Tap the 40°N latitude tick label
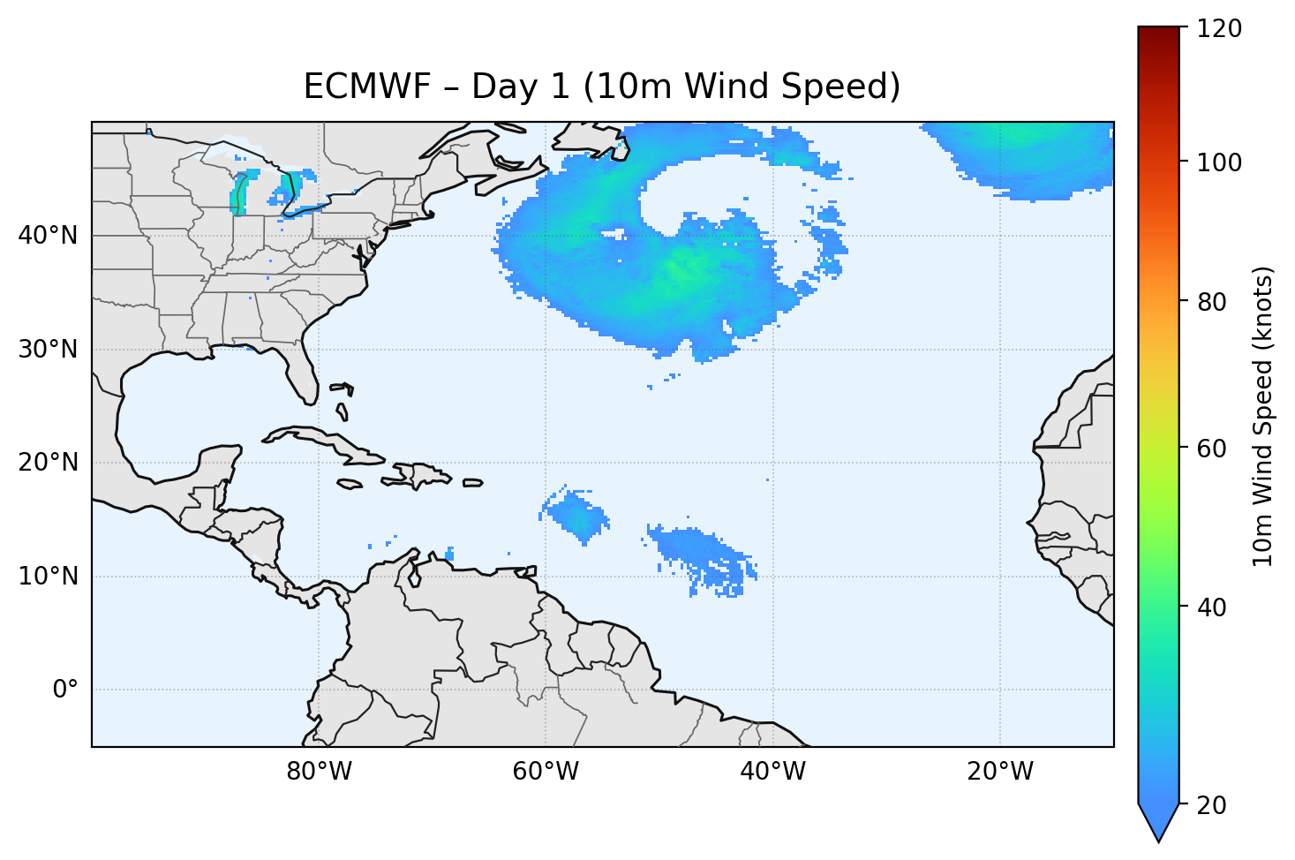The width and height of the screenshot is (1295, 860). pos(48,236)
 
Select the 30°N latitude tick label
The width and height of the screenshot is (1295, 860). pos(48,350)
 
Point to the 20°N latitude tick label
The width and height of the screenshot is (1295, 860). pos(48,463)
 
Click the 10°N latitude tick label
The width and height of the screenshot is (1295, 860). pos(48,577)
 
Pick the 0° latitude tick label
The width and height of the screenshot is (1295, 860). pos(65,690)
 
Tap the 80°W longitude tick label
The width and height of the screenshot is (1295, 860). pos(319,772)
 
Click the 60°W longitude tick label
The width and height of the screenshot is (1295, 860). pos(546,772)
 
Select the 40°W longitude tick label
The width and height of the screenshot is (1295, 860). pos(772,772)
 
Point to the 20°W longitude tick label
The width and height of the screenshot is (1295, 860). pos(999,772)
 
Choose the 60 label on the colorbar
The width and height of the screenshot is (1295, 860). pos(1216,449)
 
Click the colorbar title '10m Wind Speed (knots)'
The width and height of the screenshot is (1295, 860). pos(1263,416)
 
